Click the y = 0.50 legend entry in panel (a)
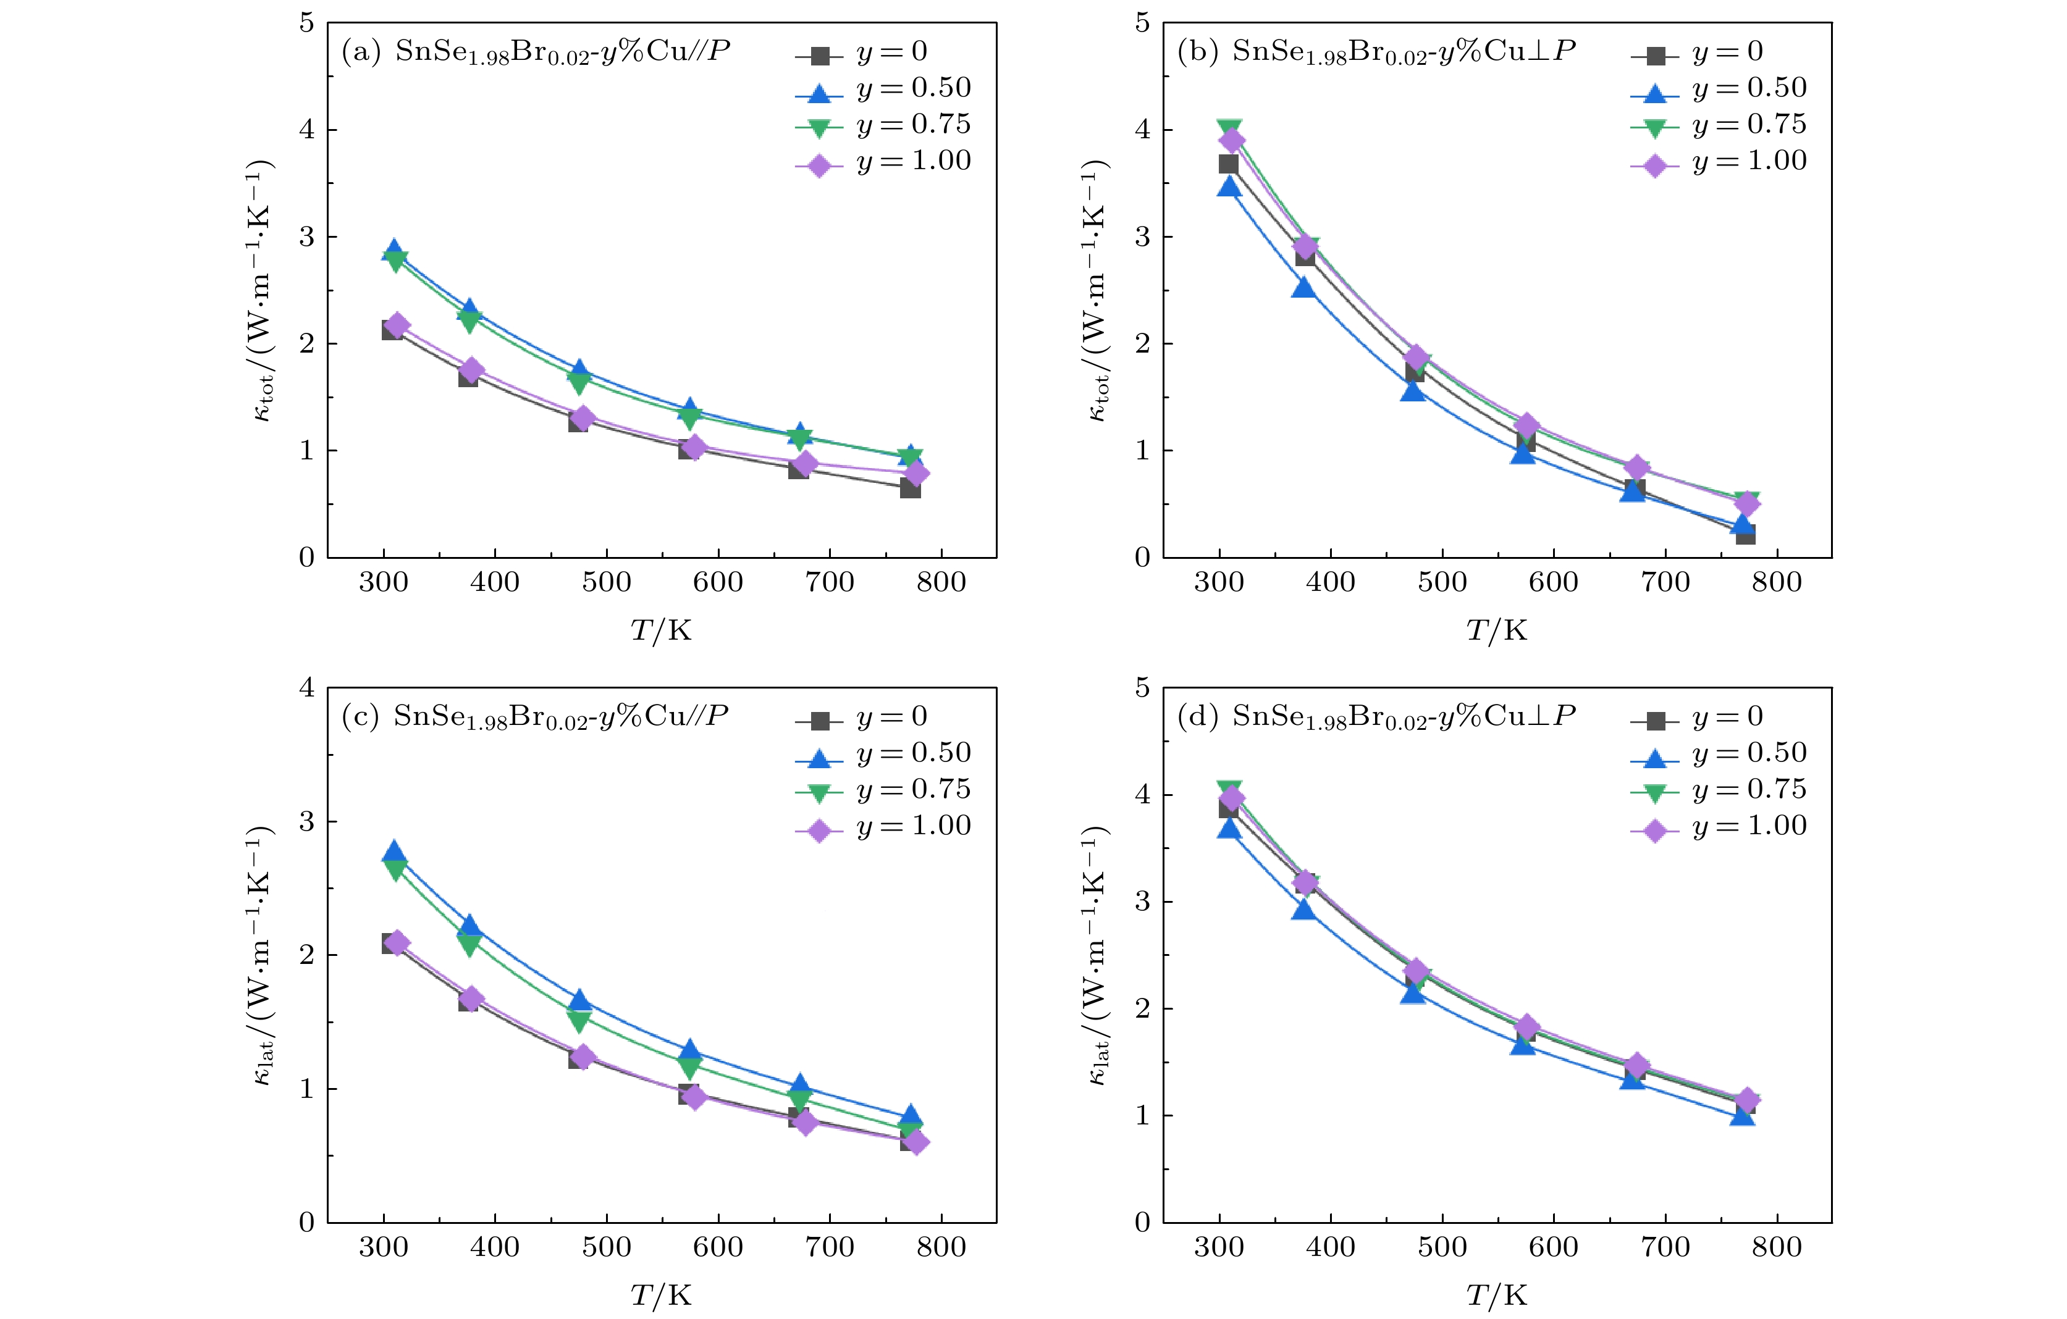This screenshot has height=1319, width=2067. (x=884, y=88)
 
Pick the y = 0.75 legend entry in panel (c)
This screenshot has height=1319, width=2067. (x=884, y=790)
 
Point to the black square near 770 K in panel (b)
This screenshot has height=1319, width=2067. (x=1745, y=534)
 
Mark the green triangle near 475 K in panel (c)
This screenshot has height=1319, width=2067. (x=579, y=1020)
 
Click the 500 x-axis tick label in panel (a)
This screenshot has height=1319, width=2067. (x=606, y=583)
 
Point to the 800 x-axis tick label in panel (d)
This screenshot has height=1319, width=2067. (x=1776, y=1247)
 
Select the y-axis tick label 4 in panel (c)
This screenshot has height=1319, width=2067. (x=306, y=689)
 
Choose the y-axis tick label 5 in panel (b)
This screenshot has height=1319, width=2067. (x=1142, y=23)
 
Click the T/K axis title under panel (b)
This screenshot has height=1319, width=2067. (x=1496, y=630)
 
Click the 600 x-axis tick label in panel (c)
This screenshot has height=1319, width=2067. (x=718, y=1247)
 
